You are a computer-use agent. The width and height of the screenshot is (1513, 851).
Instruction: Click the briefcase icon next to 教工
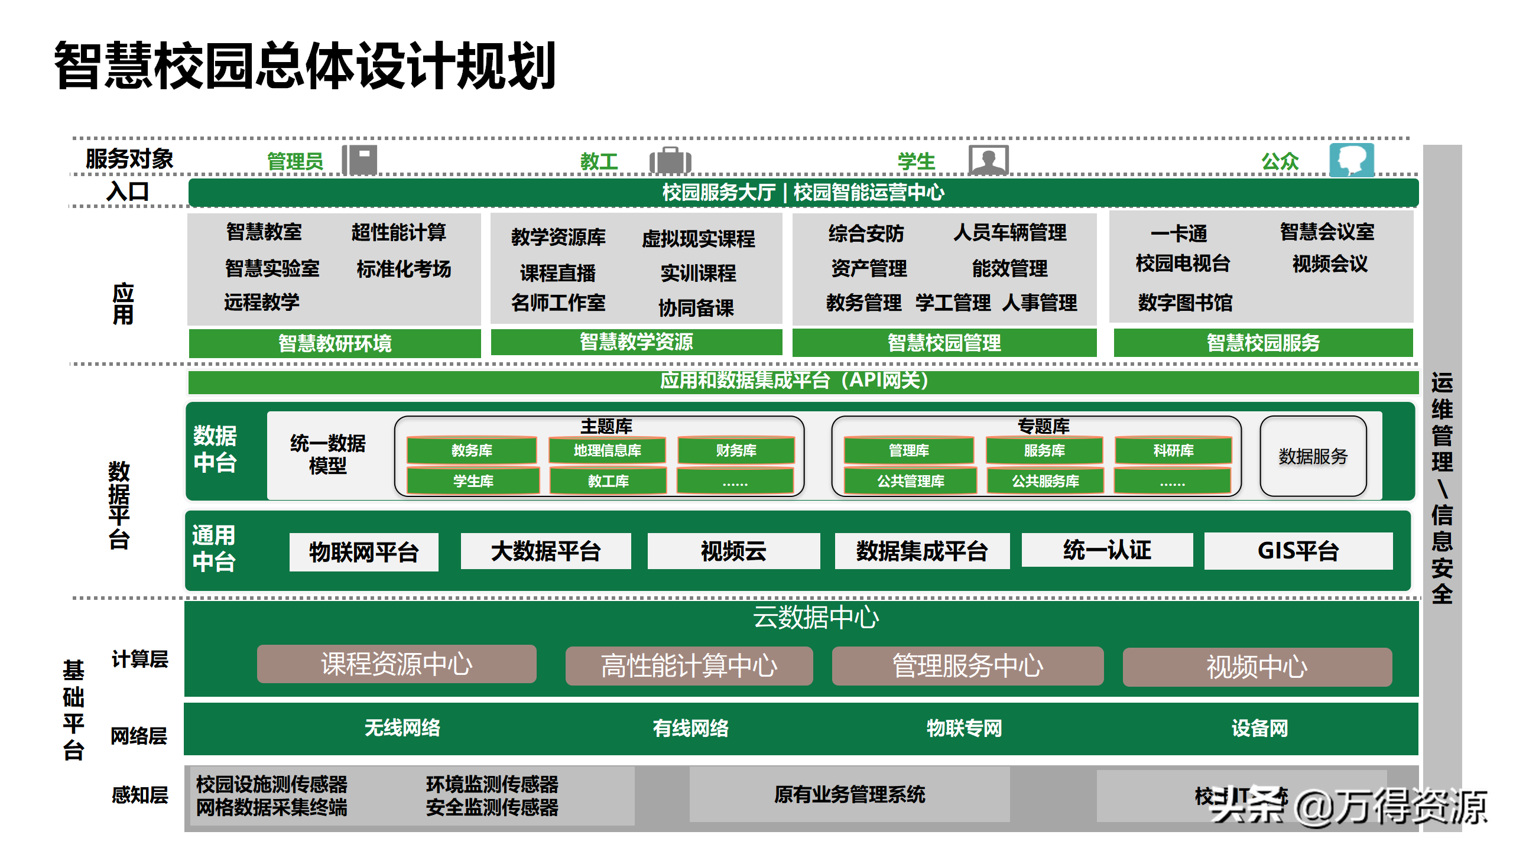(x=670, y=161)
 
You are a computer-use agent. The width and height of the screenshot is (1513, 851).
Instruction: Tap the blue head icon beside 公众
(x=1352, y=160)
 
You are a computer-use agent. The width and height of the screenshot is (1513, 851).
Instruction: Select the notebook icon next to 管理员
(x=360, y=160)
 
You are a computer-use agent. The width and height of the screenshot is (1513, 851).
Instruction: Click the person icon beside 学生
(x=988, y=160)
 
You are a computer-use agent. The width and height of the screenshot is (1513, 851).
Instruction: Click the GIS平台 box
(x=1298, y=551)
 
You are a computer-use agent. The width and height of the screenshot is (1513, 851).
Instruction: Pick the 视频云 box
(x=733, y=551)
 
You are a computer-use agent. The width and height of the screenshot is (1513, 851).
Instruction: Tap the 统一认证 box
(x=1106, y=550)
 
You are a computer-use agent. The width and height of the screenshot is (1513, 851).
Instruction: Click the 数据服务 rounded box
(x=1313, y=456)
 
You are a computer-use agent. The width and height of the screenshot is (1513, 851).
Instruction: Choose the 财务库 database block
(x=736, y=450)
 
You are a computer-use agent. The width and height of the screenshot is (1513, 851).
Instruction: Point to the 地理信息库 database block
(x=607, y=450)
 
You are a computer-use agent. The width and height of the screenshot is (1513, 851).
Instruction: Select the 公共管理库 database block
(x=910, y=481)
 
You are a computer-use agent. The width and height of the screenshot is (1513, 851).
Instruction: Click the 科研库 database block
(x=1173, y=450)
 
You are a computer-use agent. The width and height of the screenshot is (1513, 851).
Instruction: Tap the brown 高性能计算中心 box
(x=689, y=666)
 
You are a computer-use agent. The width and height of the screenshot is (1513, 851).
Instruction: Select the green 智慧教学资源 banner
(x=636, y=342)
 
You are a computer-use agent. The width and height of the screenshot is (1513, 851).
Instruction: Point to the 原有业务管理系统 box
(x=849, y=794)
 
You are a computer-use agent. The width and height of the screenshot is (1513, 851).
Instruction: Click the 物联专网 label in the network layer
(x=964, y=728)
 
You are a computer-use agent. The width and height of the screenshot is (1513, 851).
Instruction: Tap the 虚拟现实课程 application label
(x=698, y=239)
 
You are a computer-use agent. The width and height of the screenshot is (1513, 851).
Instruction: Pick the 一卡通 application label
(x=1178, y=233)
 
